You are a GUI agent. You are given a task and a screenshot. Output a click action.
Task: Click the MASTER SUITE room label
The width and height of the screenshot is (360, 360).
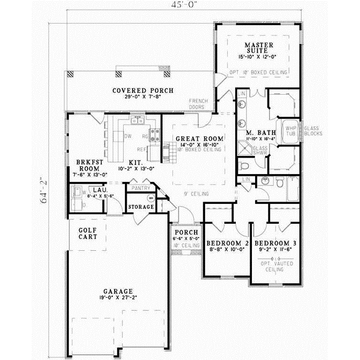coord(259,49)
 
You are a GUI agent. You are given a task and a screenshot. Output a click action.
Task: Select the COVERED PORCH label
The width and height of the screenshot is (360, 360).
coord(143,91)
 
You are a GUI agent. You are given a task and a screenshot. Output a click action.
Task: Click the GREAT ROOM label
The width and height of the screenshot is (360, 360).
coord(199,139)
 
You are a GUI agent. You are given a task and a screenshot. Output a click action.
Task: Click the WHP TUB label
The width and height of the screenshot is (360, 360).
coord(291,131)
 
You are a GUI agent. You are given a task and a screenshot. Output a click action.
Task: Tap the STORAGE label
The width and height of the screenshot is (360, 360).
coord(141,207)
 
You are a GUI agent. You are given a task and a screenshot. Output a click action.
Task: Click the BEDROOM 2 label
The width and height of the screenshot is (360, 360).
coord(227,243)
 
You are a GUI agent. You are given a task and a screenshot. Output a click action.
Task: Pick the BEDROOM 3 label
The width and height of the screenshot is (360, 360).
coord(275,244)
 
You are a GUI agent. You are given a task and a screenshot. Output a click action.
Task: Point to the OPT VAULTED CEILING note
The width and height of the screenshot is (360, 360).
coord(275,267)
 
